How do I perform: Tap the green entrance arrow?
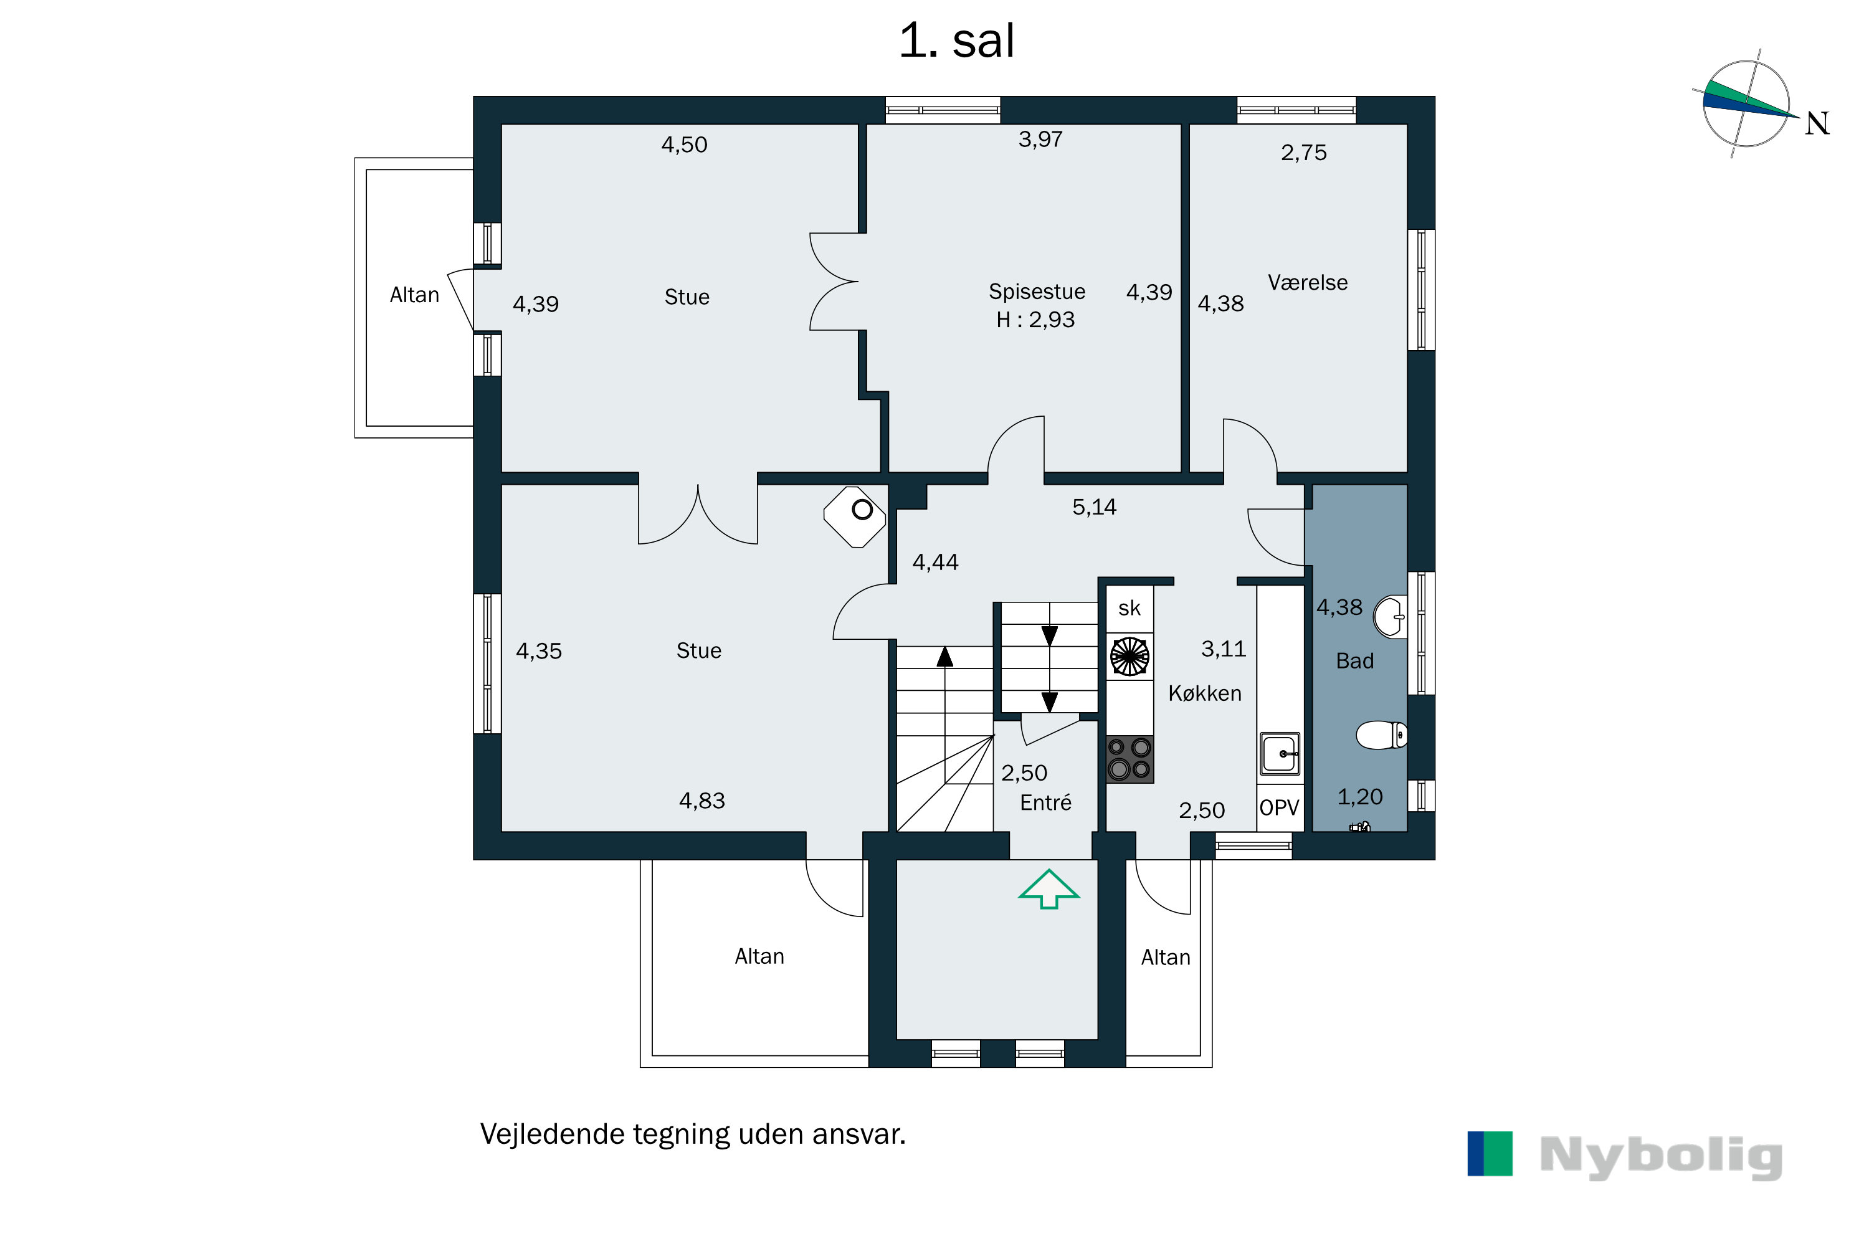[x=1049, y=889]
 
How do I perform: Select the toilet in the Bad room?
[x=1381, y=735]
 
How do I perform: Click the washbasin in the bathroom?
[x=1390, y=617]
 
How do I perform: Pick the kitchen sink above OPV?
[x=1280, y=753]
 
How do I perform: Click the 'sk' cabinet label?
[x=1129, y=609]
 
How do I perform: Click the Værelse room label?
[x=1307, y=283]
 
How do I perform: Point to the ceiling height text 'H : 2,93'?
[x=1035, y=320]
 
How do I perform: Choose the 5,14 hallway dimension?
[x=1094, y=507]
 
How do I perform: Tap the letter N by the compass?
[x=1817, y=123]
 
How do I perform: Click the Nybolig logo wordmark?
[x=1661, y=1156]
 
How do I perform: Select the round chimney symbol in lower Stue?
[x=862, y=510]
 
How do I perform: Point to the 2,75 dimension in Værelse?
[x=1303, y=153]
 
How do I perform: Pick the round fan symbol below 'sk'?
[x=1129, y=657]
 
